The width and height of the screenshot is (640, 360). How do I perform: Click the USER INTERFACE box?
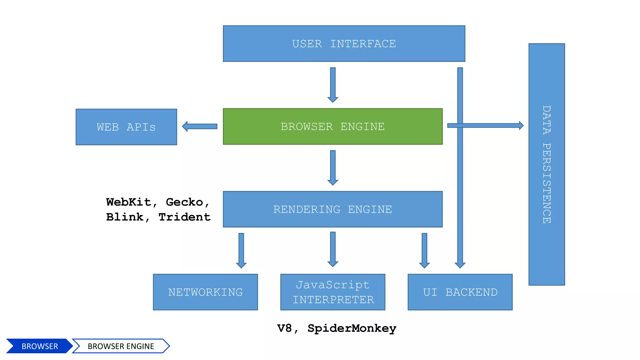point(344,43)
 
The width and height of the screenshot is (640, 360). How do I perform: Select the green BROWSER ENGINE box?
point(332,126)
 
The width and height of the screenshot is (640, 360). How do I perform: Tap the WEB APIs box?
point(126,127)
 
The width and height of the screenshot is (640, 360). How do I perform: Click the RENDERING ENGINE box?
point(332,209)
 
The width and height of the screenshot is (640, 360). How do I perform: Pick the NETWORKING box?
point(205,292)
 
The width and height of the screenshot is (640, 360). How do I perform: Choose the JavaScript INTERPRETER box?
point(332,292)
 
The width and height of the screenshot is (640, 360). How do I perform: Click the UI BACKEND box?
point(460,292)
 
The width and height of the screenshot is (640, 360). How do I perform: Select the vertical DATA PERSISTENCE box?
point(547,164)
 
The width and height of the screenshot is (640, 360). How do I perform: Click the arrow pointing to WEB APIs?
point(200,126)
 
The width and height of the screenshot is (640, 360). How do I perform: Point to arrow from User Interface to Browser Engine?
point(333,84)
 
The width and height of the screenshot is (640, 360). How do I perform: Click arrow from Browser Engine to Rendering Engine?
point(333,167)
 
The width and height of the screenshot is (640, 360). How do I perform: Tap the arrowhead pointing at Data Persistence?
point(521,125)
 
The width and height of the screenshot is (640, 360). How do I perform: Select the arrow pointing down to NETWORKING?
point(241,250)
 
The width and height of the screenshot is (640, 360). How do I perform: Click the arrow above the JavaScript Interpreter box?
point(333,249)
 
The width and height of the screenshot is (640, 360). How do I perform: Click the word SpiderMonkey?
point(352,328)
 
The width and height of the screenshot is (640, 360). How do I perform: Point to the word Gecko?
point(184,202)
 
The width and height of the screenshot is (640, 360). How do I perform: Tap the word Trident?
point(184,217)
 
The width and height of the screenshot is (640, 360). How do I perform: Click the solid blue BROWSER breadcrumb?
point(39,346)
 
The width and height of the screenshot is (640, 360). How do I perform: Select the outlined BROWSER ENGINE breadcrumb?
point(121,346)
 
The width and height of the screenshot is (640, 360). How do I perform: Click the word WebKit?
point(129,202)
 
